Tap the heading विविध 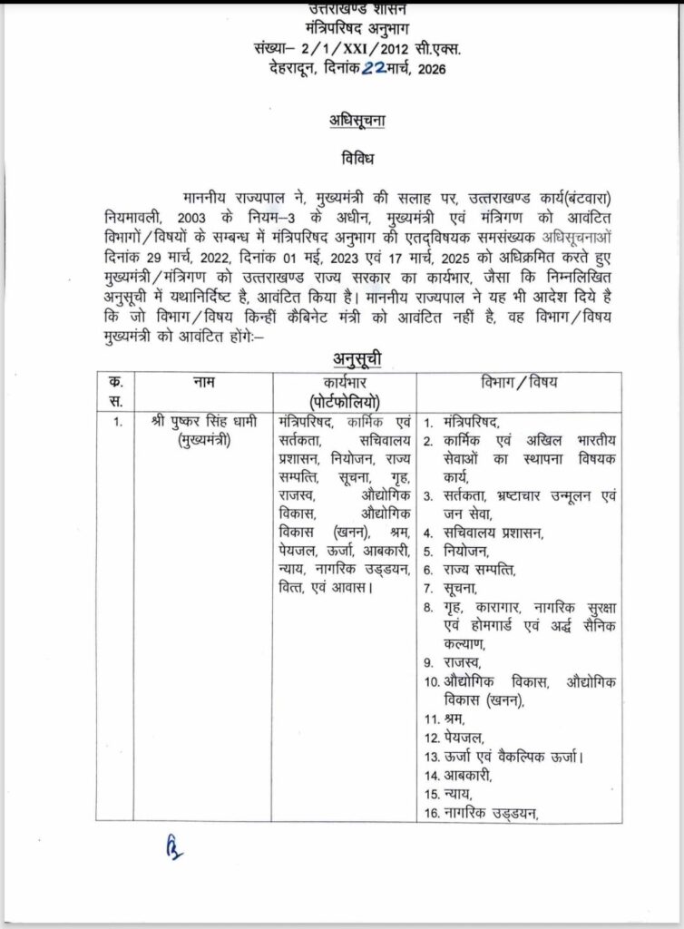tap(340, 158)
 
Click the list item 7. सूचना tap(459, 589)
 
